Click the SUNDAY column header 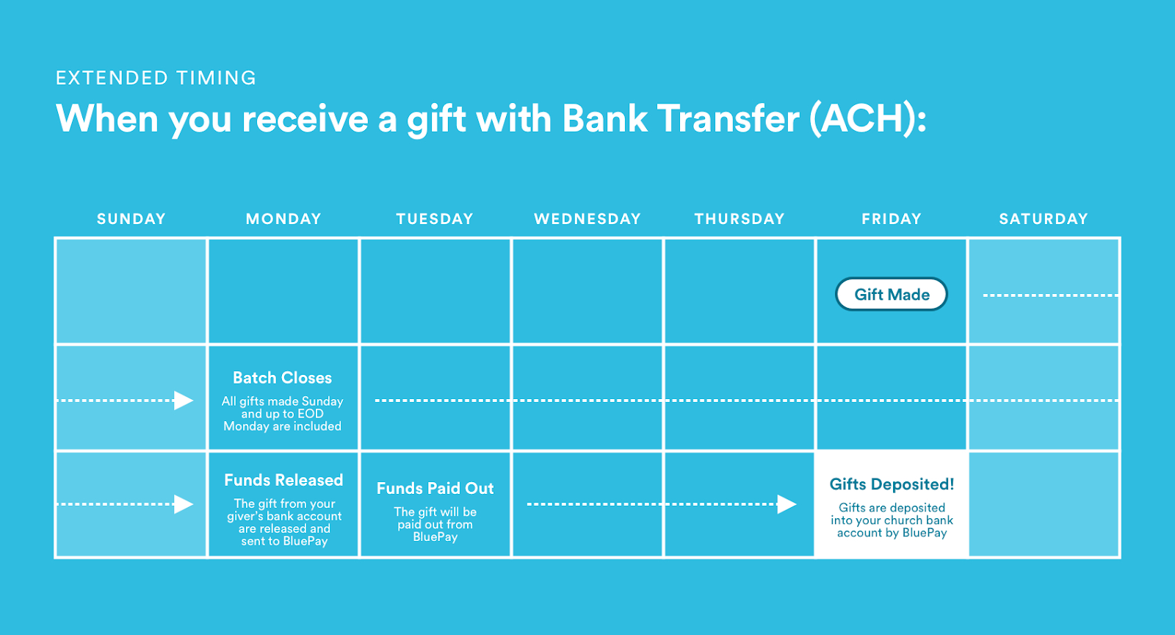[131, 219]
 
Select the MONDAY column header [283, 219]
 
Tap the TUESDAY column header [435, 219]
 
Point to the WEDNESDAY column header [587, 219]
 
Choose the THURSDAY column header [740, 219]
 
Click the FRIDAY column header [892, 219]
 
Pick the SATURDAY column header [1044, 219]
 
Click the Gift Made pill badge [892, 295]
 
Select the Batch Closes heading [282, 378]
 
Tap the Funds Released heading [283, 480]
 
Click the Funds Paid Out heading [435, 489]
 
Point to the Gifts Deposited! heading [892, 484]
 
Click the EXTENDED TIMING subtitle [156, 78]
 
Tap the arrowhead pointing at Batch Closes [184, 401]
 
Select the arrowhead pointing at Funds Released [184, 504]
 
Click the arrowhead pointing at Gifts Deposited [787, 504]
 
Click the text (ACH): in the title [868, 119]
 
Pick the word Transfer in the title [728, 118]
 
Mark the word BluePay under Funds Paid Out [435, 537]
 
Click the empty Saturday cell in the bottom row [1044, 503]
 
